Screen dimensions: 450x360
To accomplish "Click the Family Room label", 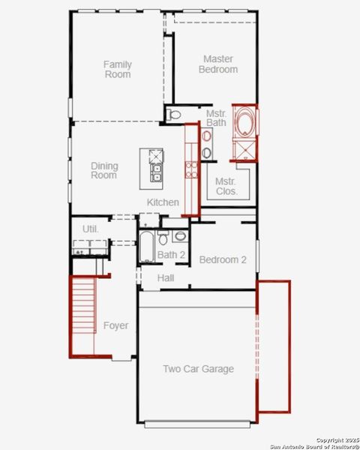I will click(117, 69).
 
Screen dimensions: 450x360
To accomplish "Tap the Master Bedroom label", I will click(218, 64).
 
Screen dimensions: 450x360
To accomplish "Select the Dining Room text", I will click(104, 170).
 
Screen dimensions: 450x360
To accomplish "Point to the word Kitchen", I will click(163, 202).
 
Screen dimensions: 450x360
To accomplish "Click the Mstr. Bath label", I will click(217, 118).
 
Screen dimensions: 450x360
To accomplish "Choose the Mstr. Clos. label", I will click(226, 186).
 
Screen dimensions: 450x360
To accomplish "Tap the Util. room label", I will click(91, 228).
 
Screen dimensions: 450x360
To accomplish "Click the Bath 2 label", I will click(171, 255).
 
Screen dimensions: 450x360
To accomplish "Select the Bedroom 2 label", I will click(223, 260).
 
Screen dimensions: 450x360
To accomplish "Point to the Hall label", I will click(166, 278).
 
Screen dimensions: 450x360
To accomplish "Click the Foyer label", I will click(115, 325).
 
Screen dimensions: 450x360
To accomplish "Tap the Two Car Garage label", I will click(198, 369).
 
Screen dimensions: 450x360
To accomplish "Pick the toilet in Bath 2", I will click(180, 236).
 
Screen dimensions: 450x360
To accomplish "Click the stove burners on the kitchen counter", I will click(192, 168).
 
